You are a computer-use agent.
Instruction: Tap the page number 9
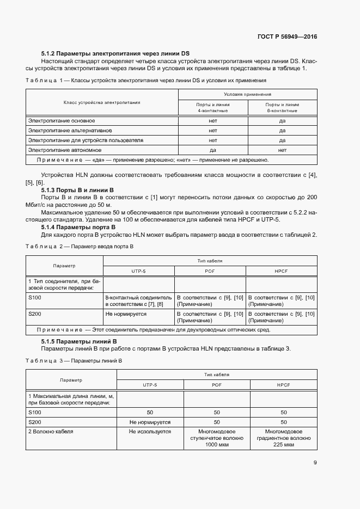(315, 463)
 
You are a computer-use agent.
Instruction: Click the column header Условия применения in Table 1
(247, 94)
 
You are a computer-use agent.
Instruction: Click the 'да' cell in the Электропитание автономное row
(213, 149)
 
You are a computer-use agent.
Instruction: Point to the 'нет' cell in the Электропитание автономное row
(282, 149)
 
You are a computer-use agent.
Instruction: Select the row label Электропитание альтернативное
(70, 130)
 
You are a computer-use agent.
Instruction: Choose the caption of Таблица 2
(80, 247)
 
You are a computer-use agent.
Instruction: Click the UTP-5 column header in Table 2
(138, 271)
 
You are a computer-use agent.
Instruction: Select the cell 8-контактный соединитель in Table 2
(138, 301)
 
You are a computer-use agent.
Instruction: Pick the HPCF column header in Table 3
(283, 385)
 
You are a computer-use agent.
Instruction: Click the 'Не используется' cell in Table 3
(150, 432)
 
